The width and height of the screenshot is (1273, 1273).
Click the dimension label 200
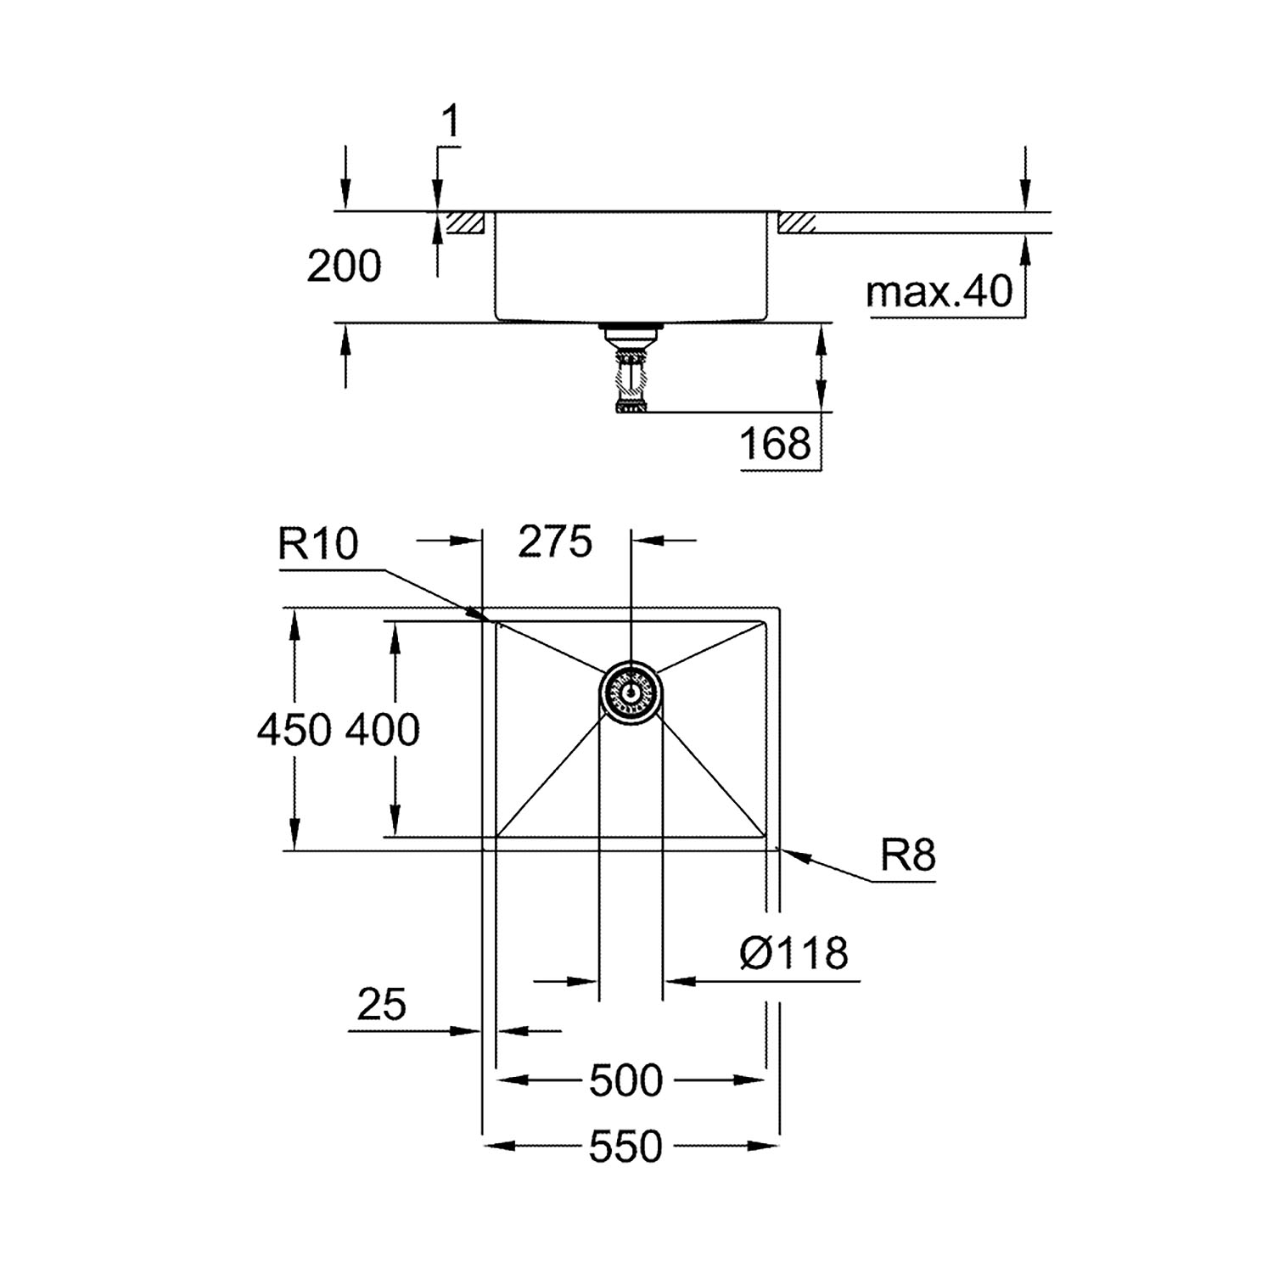click(x=344, y=266)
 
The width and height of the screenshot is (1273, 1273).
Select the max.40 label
click(x=939, y=293)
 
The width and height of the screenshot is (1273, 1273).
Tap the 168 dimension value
click(x=776, y=443)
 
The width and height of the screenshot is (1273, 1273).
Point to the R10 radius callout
click(x=318, y=543)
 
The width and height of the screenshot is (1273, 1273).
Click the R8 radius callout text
click(x=907, y=855)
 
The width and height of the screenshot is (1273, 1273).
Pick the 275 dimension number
click(x=555, y=541)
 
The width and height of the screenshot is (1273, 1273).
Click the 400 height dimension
click(x=383, y=730)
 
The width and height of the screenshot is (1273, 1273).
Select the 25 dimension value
click(x=382, y=1005)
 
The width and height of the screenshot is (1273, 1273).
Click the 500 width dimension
click(x=625, y=1081)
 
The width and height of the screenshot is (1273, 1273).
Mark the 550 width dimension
click(x=625, y=1147)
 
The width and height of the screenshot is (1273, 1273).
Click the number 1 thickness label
click(x=451, y=122)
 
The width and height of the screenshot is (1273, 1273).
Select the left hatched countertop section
click(x=465, y=223)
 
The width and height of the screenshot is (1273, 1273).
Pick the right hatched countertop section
click(x=797, y=223)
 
